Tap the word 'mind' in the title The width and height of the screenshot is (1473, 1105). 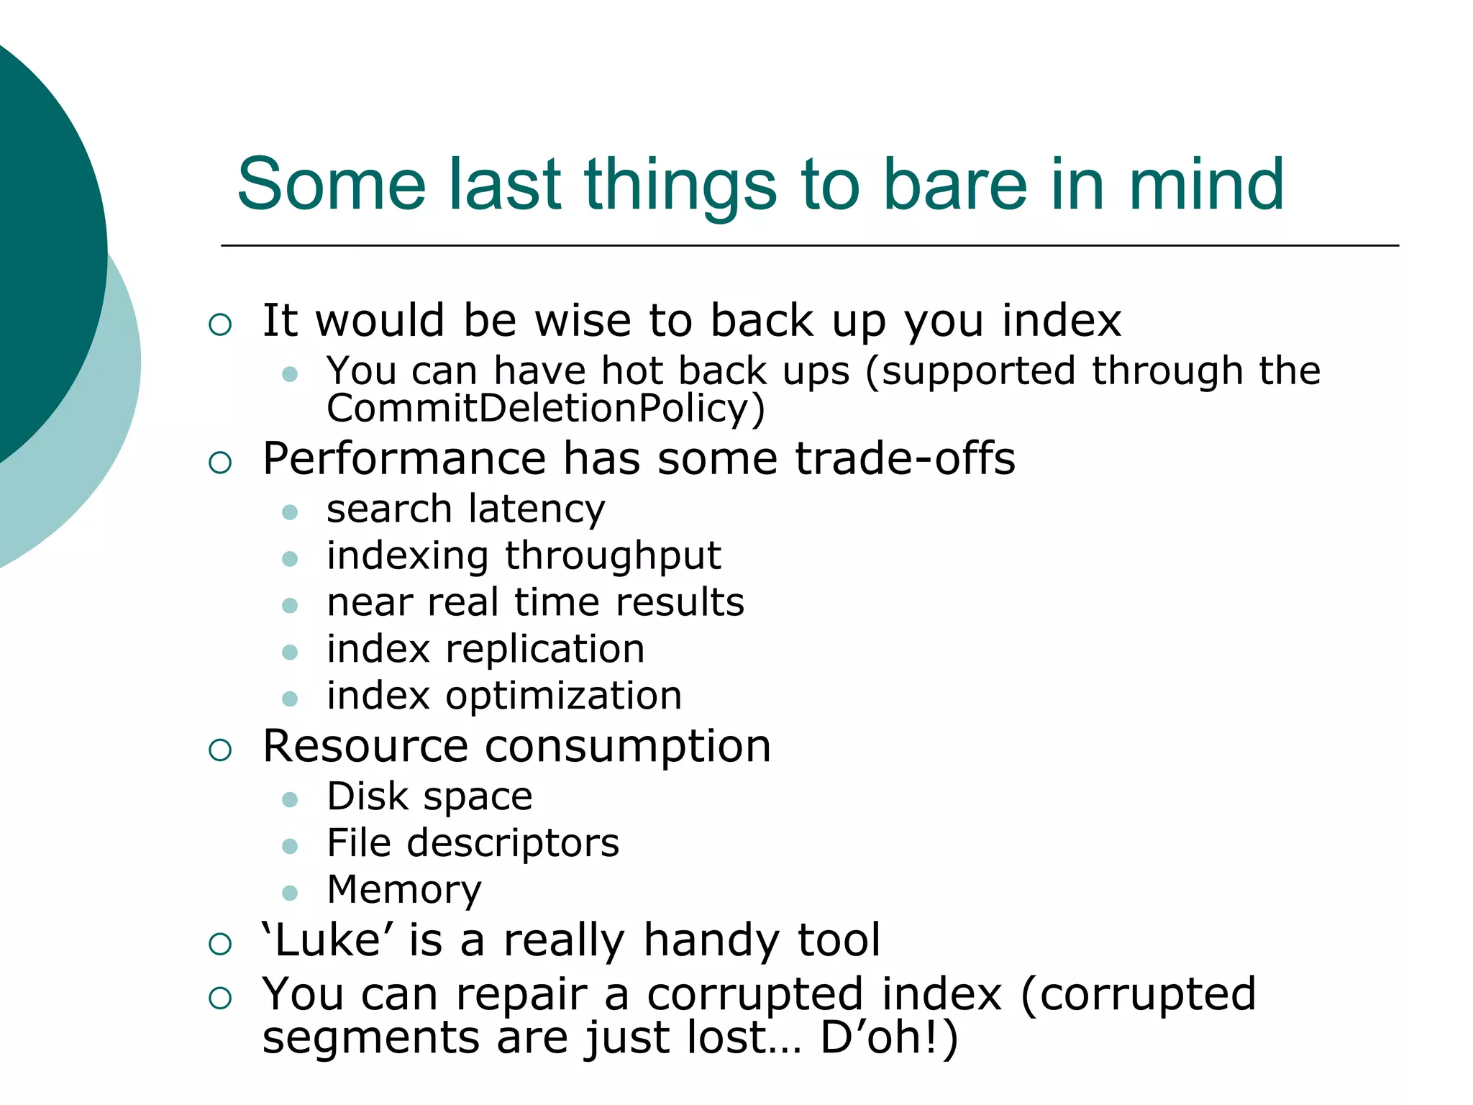(x=1206, y=185)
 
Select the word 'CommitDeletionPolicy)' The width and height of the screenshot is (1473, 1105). (x=546, y=409)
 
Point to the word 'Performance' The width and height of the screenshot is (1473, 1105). (x=404, y=459)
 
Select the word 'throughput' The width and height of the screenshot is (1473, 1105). (x=613, y=556)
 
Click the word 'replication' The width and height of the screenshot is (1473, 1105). (x=544, y=649)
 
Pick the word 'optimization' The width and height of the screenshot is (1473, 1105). (x=563, y=696)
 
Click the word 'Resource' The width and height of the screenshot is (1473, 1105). (x=365, y=746)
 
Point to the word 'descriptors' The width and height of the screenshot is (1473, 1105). (x=513, y=843)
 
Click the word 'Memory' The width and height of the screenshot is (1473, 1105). (x=403, y=890)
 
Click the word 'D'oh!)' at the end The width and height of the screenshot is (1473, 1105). (x=889, y=1038)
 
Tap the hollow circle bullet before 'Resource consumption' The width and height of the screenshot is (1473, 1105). (x=220, y=750)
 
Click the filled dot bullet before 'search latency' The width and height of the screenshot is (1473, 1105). (x=290, y=512)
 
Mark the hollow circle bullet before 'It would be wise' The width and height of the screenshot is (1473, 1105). (x=220, y=324)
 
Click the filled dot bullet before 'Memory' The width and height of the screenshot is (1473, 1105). (x=290, y=893)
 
